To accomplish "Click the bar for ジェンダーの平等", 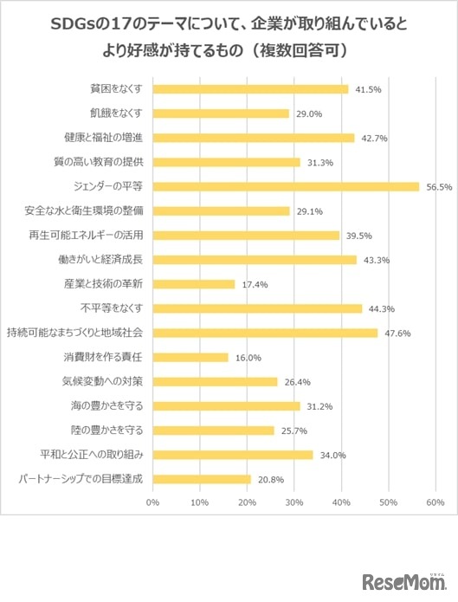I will coord(286,186).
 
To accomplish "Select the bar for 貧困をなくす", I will coord(250,88).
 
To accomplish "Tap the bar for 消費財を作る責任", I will coord(190,357).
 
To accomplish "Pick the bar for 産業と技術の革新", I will coord(194,284).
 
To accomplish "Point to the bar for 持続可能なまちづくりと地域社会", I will coord(265,333).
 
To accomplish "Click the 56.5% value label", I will coord(439,187).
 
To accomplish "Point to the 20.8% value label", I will coord(271,479).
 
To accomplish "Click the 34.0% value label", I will coord(333,455).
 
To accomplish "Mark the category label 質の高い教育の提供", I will coord(110,162).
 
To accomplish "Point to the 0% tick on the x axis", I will coord(153,502).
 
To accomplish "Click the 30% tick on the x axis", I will coord(294,502).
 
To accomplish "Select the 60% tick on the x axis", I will coord(435,502).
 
